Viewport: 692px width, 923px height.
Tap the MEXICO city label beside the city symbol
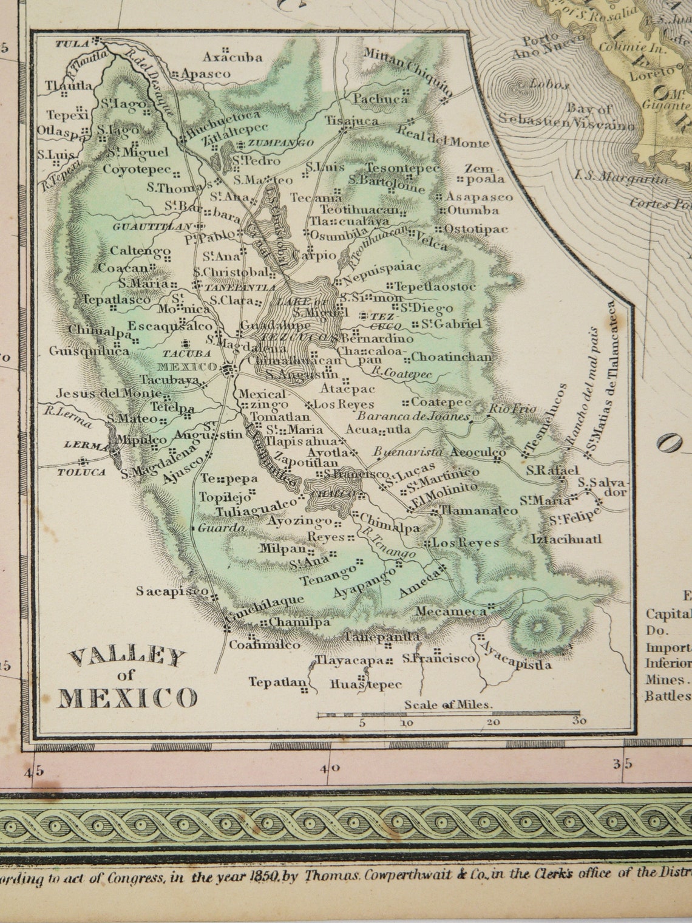pos(187,367)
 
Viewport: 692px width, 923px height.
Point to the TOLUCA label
pos(81,472)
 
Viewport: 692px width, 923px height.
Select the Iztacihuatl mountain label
pos(566,539)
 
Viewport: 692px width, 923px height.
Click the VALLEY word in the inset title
pos(127,657)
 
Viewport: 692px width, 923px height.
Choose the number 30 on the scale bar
pos(578,722)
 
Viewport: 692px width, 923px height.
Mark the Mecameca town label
pos(452,611)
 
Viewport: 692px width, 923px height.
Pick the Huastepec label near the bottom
pos(365,685)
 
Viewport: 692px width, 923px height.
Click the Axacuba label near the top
pos(233,58)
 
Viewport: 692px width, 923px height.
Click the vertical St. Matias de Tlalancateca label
pos(601,376)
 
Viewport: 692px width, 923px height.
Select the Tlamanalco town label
pos(471,511)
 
